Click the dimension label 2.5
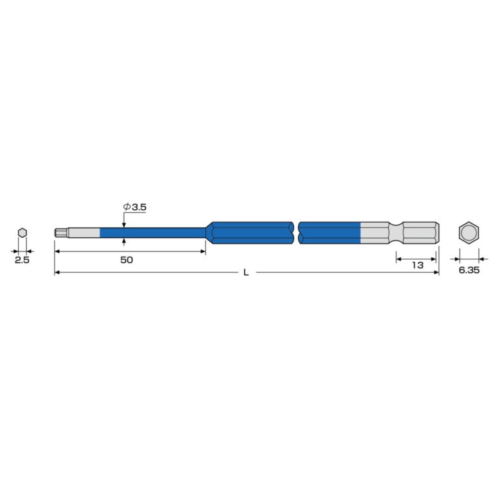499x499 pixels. click(x=22, y=260)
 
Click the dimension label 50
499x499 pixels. click(x=126, y=260)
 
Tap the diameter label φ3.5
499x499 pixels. click(x=134, y=207)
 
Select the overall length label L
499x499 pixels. click(x=246, y=272)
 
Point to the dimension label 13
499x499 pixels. click(x=418, y=265)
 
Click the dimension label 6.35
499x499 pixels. click(x=468, y=270)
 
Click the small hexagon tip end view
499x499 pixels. click(x=22, y=233)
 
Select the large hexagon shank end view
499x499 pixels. click(x=468, y=233)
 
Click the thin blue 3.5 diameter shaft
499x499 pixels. click(x=153, y=233)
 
